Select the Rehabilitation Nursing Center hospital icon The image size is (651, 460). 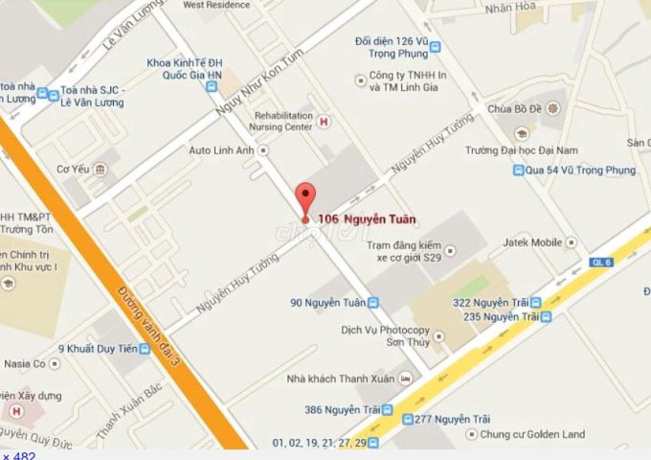[324, 121]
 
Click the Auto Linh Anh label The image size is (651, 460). [223, 150]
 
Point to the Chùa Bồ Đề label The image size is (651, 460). [513, 107]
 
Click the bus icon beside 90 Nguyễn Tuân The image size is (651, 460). [373, 303]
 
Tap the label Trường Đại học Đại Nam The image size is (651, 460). [511, 150]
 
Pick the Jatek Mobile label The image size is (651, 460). [532, 242]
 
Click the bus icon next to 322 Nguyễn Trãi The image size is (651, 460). [546, 301]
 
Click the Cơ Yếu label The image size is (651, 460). [73, 170]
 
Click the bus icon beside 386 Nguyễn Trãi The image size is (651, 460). [387, 409]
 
